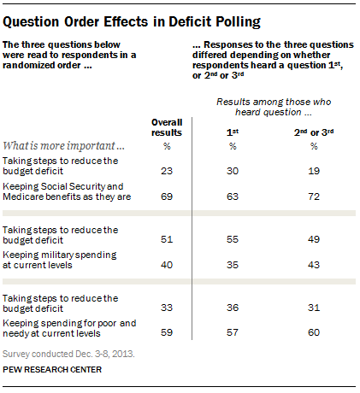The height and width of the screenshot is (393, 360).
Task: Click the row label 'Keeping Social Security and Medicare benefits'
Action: pyautogui.click(x=74, y=191)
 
